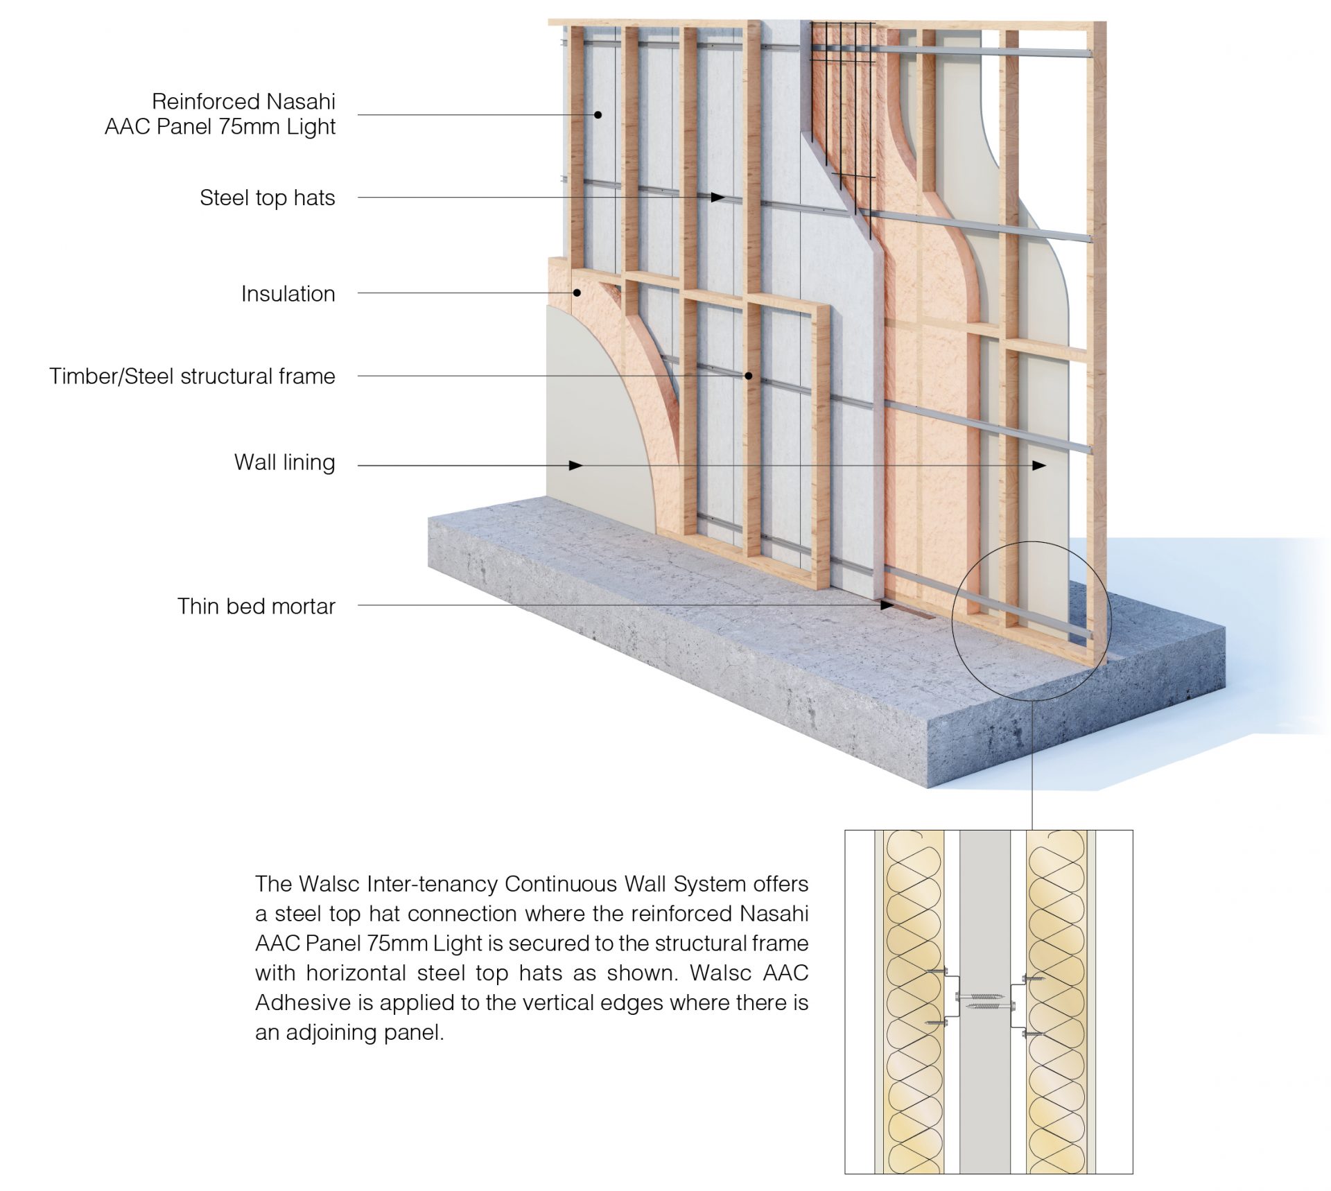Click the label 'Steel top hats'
tap(267, 198)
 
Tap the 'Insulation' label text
tap(288, 294)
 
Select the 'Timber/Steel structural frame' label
tap(192, 376)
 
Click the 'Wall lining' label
tap(284, 462)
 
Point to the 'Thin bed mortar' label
tap(256, 607)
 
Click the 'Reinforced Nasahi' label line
tap(243, 102)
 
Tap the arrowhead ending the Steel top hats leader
tap(717, 198)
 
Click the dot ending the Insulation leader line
tap(577, 293)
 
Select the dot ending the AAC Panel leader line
tap(598, 115)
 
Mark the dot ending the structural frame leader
tap(749, 376)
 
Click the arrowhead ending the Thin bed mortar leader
tap(887, 605)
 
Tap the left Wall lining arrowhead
tap(575, 466)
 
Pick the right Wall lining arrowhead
tap(1039, 466)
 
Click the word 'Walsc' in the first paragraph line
tap(329, 885)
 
